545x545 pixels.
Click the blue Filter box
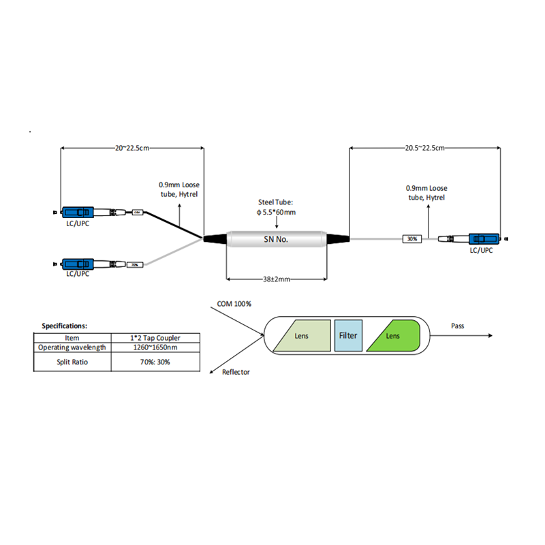pyautogui.click(x=348, y=335)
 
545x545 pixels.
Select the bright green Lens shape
pyautogui.click(x=395, y=336)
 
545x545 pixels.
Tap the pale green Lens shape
pyautogui.click(x=302, y=336)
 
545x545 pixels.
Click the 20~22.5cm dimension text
pyautogui.click(x=132, y=147)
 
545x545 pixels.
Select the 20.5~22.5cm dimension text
pyautogui.click(x=424, y=147)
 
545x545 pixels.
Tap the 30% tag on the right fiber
pyautogui.click(x=411, y=239)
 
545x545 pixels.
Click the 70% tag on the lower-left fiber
pyautogui.click(x=135, y=264)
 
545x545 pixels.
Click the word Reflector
pyautogui.click(x=236, y=372)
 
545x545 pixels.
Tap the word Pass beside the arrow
pyautogui.click(x=458, y=326)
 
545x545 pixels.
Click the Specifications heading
pyautogui.click(x=65, y=326)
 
